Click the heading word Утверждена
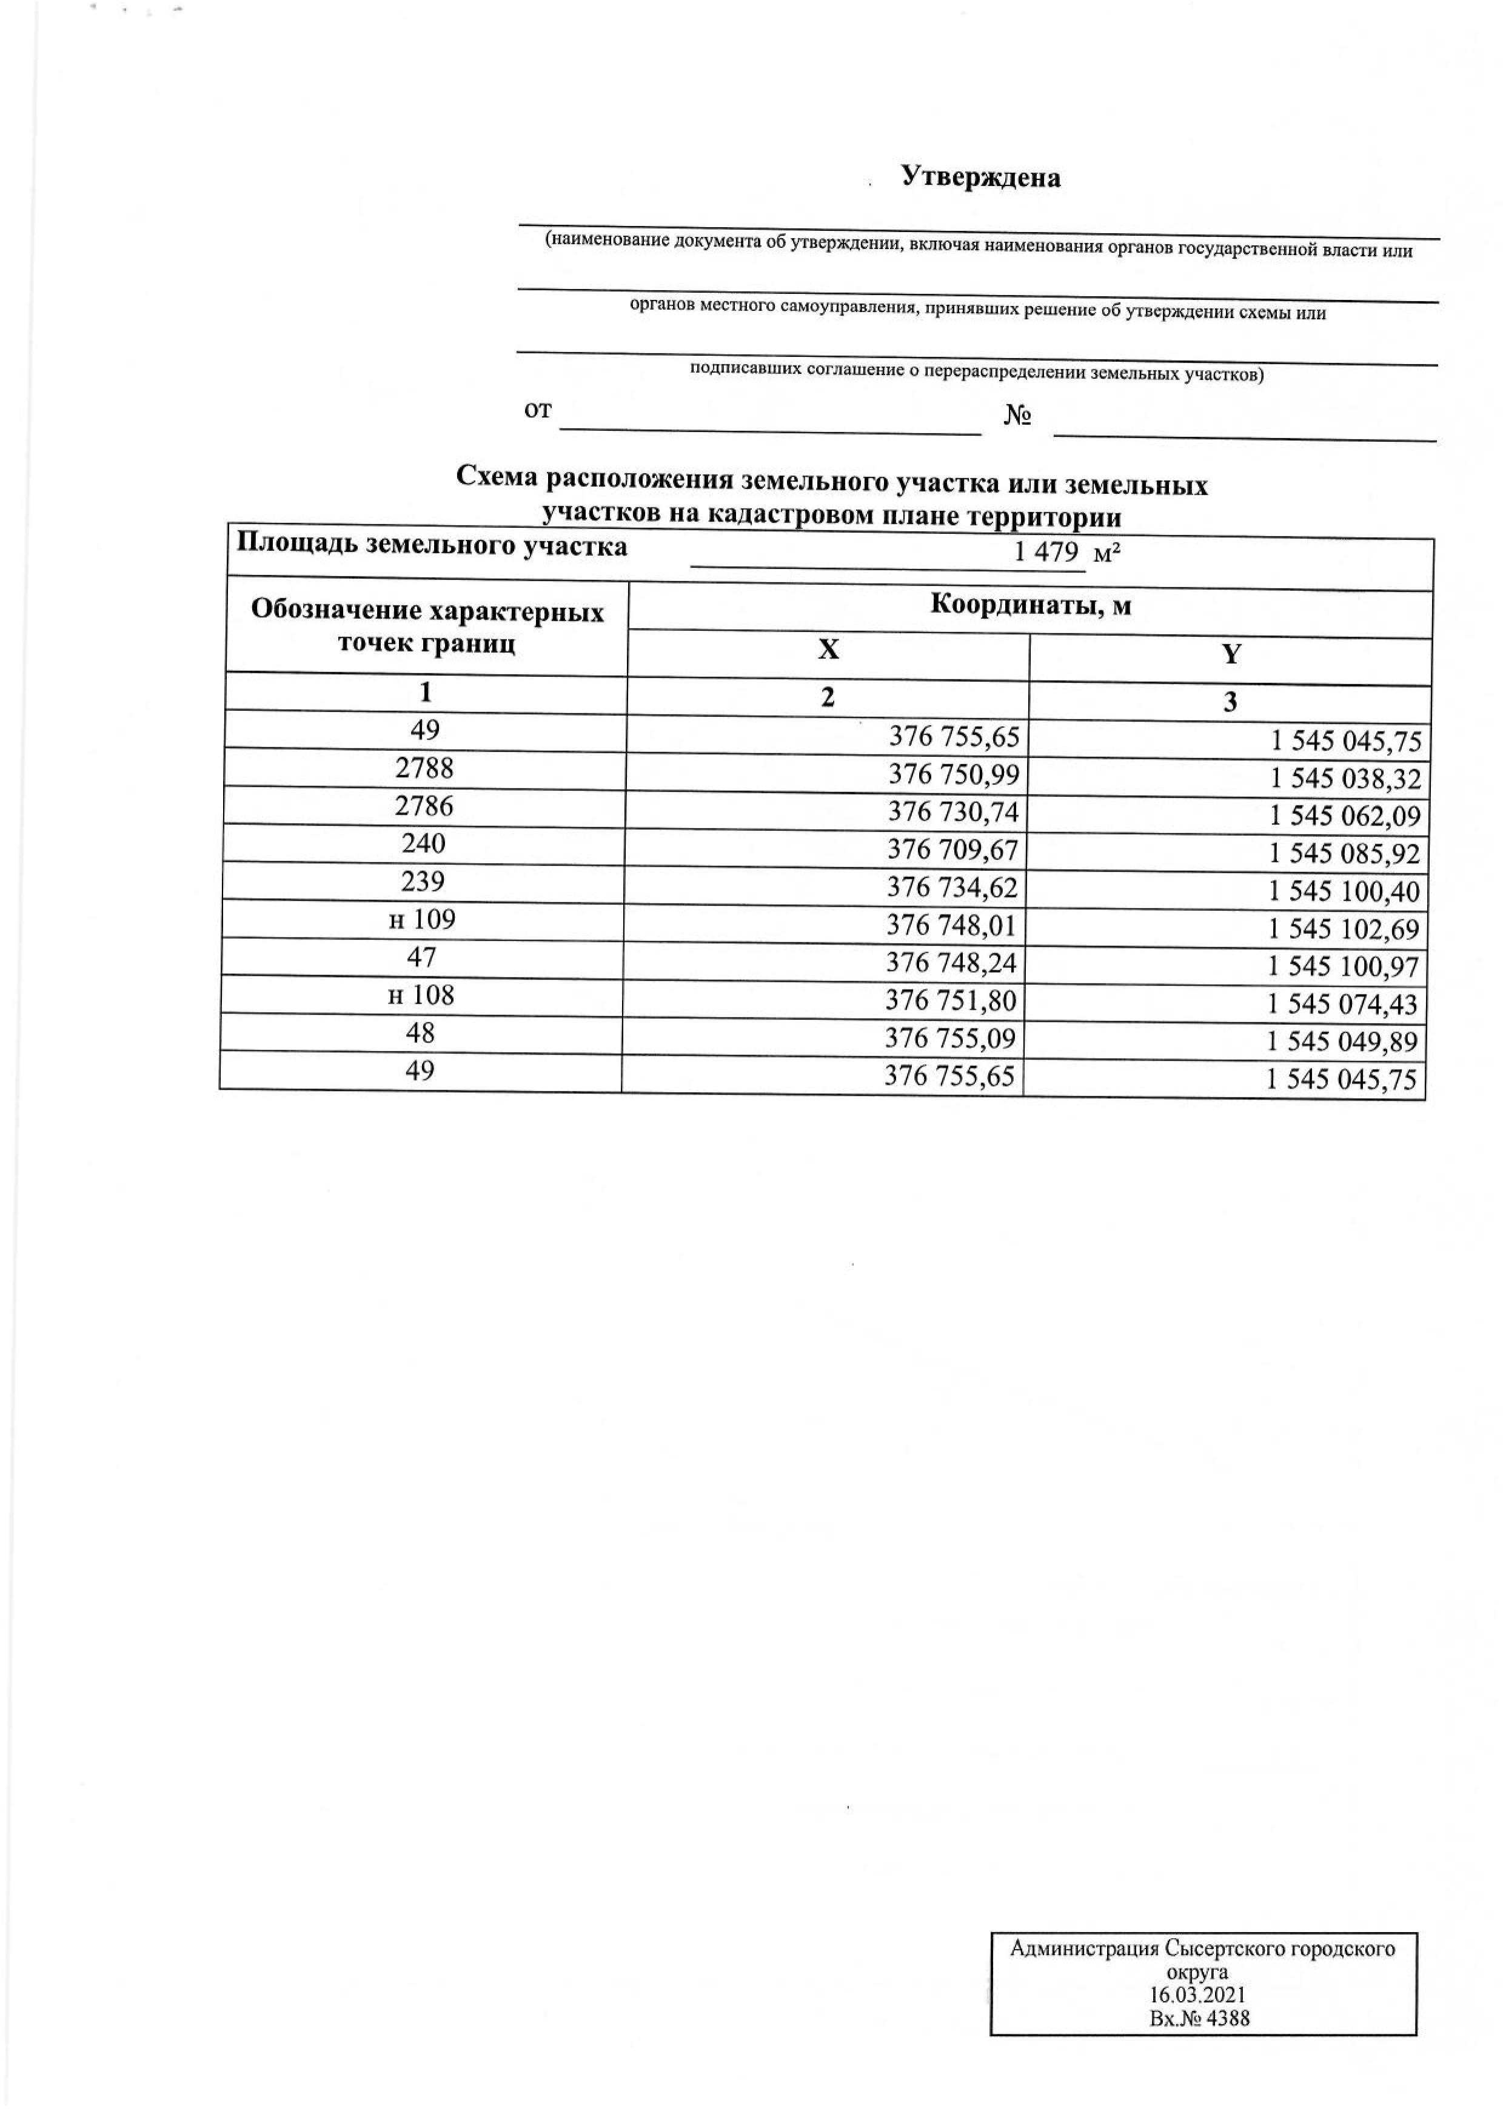pyautogui.click(x=981, y=178)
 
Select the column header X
pyautogui.click(x=828, y=650)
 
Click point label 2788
pyautogui.click(x=424, y=768)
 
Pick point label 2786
pyautogui.click(x=424, y=805)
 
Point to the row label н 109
pyautogui.click(x=423, y=919)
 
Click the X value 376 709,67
pyautogui.click(x=953, y=849)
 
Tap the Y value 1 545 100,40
pyautogui.click(x=1343, y=891)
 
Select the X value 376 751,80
pyautogui.click(x=951, y=1001)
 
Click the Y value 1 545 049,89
pyautogui.click(x=1342, y=1042)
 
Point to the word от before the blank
pyautogui.click(x=538, y=410)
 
